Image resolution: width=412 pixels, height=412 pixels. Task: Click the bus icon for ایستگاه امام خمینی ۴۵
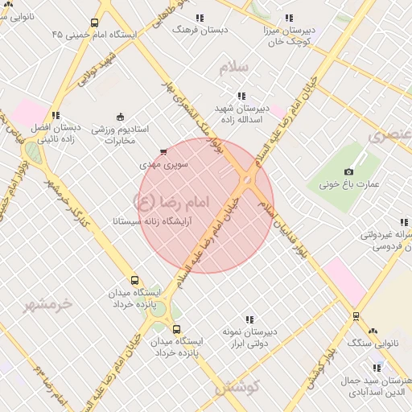click(x=95, y=23)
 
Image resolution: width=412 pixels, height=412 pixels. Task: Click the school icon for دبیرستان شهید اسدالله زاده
click(x=241, y=96)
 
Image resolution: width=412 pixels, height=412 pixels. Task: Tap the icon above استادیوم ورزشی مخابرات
click(x=121, y=117)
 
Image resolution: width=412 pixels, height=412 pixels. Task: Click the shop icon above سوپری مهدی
click(x=164, y=151)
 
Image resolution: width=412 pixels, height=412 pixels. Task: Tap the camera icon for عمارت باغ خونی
click(x=348, y=171)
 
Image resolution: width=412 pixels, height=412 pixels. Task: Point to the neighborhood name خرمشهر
click(x=47, y=304)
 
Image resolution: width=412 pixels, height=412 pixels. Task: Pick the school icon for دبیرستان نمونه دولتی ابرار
click(x=249, y=320)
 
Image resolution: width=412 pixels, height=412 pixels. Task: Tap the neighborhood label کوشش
click(x=237, y=387)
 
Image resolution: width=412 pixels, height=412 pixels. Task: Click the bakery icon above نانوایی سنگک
click(x=373, y=332)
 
